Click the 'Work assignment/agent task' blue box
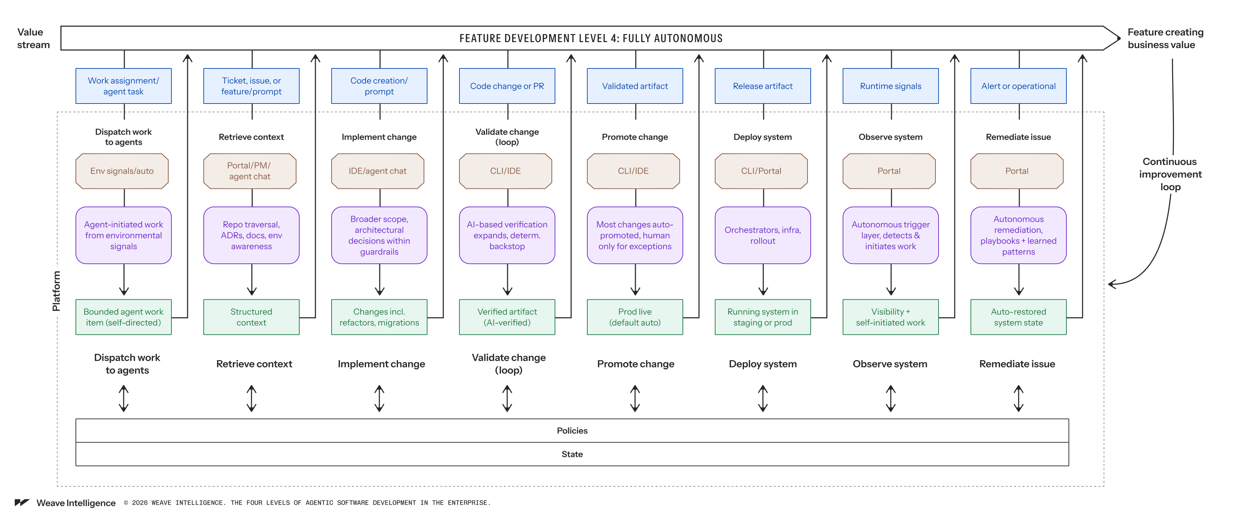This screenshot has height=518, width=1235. (x=124, y=86)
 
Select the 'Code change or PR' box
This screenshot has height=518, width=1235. (x=507, y=86)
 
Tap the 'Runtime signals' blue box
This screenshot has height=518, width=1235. (x=891, y=86)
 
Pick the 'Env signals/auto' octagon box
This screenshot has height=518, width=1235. (x=122, y=171)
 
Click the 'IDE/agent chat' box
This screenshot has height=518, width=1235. (x=378, y=171)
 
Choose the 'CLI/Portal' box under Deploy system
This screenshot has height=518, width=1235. (x=761, y=171)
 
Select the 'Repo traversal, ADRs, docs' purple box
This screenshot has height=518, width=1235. (x=252, y=235)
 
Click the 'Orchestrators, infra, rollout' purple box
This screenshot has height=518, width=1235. (x=763, y=235)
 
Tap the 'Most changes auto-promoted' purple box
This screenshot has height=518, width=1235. (x=635, y=235)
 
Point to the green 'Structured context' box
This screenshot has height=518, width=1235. (x=252, y=317)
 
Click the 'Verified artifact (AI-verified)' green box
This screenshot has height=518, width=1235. (x=507, y=317)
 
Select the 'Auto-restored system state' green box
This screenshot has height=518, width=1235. (x=1019, y=317)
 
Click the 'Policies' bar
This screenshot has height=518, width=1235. (x=573, y=430)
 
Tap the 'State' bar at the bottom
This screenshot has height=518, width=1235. (x=573, y=454)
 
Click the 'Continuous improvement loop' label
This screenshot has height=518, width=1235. (x=1170, y=174)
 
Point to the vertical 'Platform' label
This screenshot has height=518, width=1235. (x=56, y=291)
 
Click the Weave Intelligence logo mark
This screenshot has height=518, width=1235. (x=22, y=503)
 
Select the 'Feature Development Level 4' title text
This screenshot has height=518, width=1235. (x=591, y=38)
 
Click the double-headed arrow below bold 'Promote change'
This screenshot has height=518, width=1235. (x=635, y=398)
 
